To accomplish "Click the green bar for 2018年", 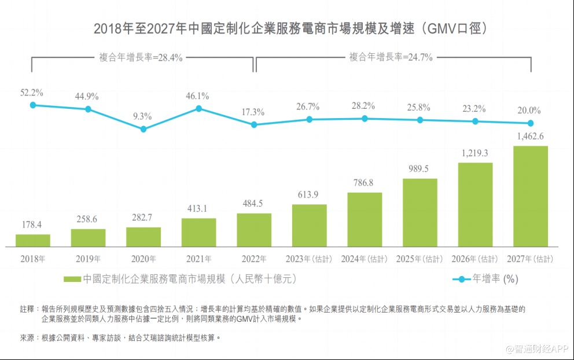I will click(x=33, y=240).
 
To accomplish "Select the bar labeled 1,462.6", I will click(x=531, y=196).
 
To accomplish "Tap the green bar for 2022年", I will click(x=254, y=229).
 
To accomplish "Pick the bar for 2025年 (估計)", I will click(x=420, y=212).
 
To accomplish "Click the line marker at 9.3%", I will click(x=143, y=129).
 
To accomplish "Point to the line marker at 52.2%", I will click(x=33, y=105).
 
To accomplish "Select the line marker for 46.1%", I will click(x=198, y=108).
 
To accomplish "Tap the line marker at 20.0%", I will click(x=530, y=123).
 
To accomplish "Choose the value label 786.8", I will click(x=365, y=183).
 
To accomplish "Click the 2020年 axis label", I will click(x=143, y=259).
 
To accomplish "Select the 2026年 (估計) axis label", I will click(x=475, y=259).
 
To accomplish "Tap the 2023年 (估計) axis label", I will click(x=309, y=259).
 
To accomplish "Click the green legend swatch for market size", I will click(x=72, y=280).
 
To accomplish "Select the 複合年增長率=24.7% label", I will click(x=391, y=57).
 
